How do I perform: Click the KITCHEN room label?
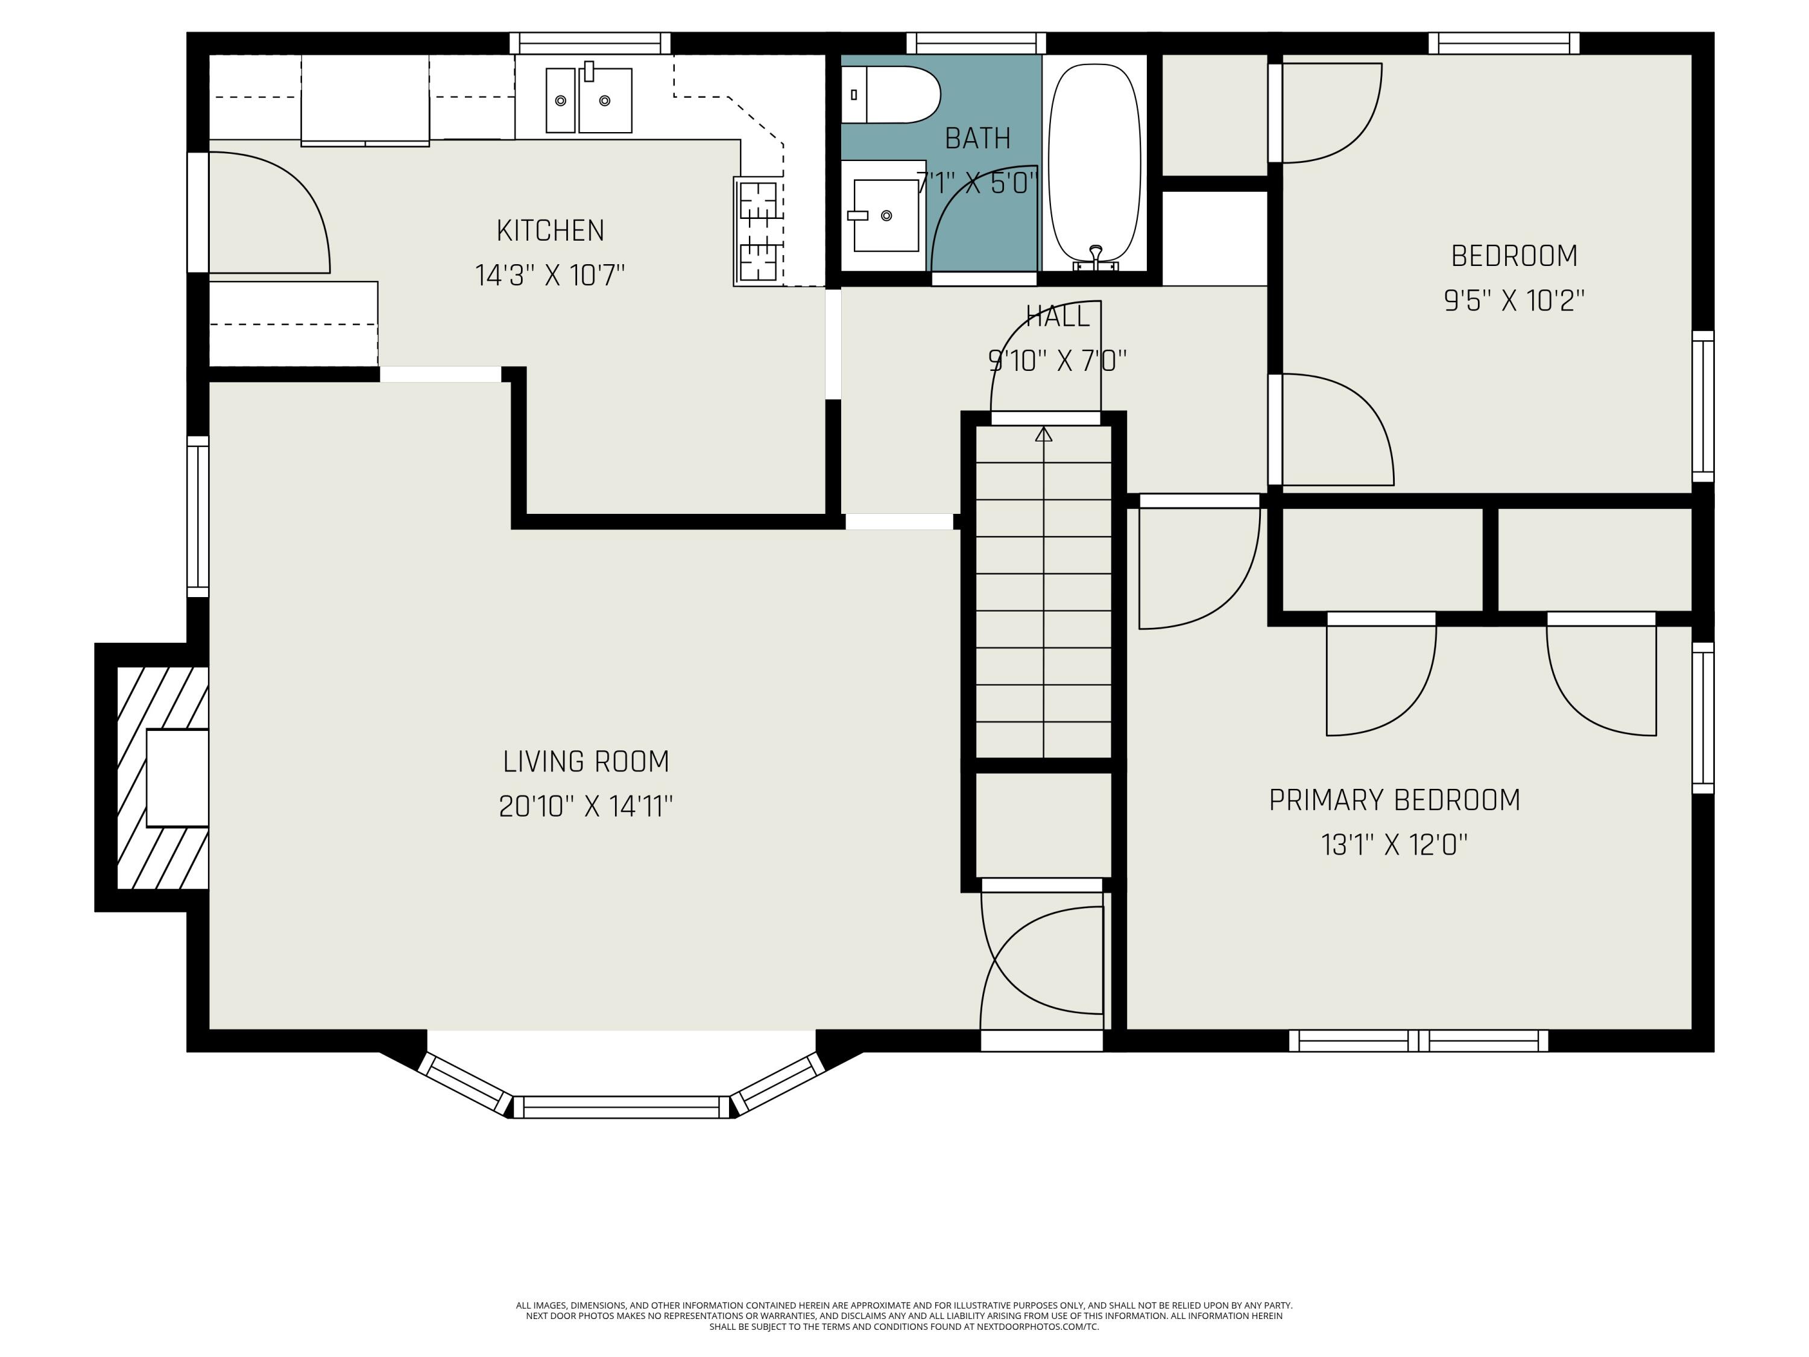(551, 230)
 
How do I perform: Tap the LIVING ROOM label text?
(586, 762)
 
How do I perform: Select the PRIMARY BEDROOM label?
(1394, 800)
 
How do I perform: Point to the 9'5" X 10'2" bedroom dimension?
(1514, 300)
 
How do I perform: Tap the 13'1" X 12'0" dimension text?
(1394, 844)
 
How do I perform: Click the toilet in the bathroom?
(891, 95)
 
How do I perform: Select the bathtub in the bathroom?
(1095, 166)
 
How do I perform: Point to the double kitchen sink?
(589, 100)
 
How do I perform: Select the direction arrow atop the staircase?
(1044, 434)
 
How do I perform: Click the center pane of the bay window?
(622, 1107)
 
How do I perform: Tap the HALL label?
(1058, 317)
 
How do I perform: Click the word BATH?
(977, 138)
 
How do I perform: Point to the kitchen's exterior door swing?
(270, 213)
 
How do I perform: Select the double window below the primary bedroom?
(1419, 1040)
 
